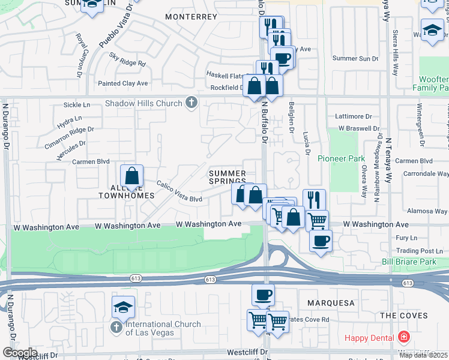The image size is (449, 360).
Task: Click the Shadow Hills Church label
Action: click(143, 103)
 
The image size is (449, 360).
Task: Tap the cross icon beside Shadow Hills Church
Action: click(191, 103)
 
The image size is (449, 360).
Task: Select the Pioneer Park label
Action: click(342, 159)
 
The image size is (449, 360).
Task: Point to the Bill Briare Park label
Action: click(409, 262)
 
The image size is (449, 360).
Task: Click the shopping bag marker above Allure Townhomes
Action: click(132, 176)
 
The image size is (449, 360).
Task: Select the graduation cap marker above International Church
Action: click(123, 308)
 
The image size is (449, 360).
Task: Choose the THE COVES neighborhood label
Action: click(404, 316)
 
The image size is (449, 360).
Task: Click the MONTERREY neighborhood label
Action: click(190, 17)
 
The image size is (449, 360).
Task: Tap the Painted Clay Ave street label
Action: click(123, 83)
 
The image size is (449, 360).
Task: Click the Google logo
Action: click(19, 352)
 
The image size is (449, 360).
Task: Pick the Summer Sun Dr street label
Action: click(355, 58)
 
